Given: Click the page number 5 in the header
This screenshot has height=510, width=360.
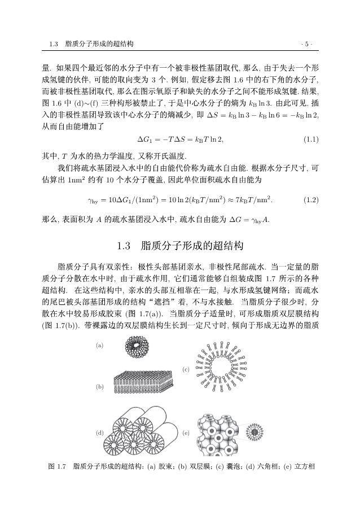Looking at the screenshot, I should [307, 43].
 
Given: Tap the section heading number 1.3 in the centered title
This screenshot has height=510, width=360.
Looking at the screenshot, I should [124, 246].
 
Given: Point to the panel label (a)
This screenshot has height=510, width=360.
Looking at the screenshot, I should [100, 345].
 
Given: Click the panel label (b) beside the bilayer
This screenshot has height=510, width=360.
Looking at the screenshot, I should [100, 386].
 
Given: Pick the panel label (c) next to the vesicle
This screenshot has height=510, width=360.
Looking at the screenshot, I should [186, 369].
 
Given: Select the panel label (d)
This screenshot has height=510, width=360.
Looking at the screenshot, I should [100, 433].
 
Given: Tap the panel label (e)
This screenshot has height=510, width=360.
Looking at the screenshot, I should [186, 433].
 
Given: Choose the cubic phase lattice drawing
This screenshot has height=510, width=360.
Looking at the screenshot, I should [217, 434].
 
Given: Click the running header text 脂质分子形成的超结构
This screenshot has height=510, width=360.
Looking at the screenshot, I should [99, 43].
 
